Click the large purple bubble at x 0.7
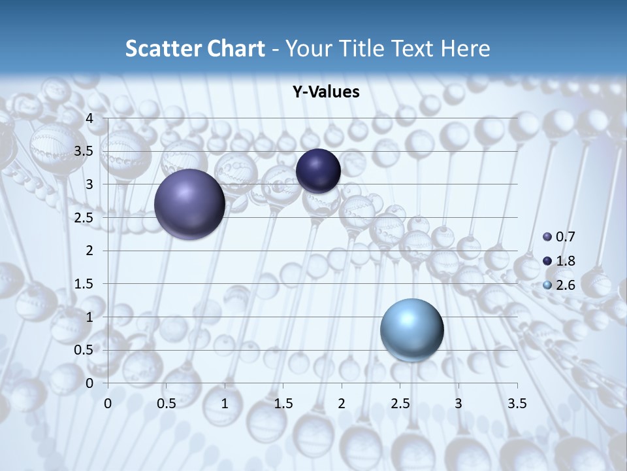189,204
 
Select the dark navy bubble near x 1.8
318,171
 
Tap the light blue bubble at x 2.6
411,330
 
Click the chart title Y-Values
325,92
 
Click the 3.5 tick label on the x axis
517,404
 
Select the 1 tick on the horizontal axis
225,404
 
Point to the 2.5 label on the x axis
400,404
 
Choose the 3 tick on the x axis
458,404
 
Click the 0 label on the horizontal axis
108,404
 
